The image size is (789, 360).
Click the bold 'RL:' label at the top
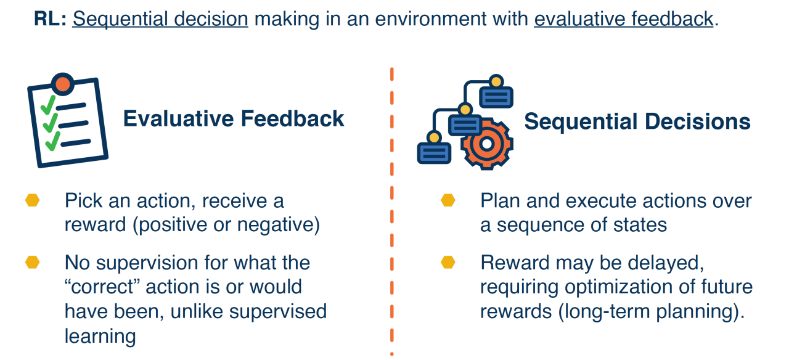(51, 19)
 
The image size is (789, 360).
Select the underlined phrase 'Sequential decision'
(160, 19)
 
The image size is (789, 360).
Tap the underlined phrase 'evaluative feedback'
(623, 19)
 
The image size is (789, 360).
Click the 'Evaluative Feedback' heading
(234, 118)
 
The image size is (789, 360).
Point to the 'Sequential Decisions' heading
(637, 121)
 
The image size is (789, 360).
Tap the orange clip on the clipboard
(63, 84)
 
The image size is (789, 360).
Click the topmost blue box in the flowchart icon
(496, 97)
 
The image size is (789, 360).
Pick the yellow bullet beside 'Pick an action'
(32, 201)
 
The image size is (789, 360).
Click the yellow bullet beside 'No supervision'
(32, 262)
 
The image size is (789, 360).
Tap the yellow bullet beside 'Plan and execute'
(448, 201)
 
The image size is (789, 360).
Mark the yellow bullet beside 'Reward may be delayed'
(448, 262)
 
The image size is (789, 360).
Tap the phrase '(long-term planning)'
(649, 311)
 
